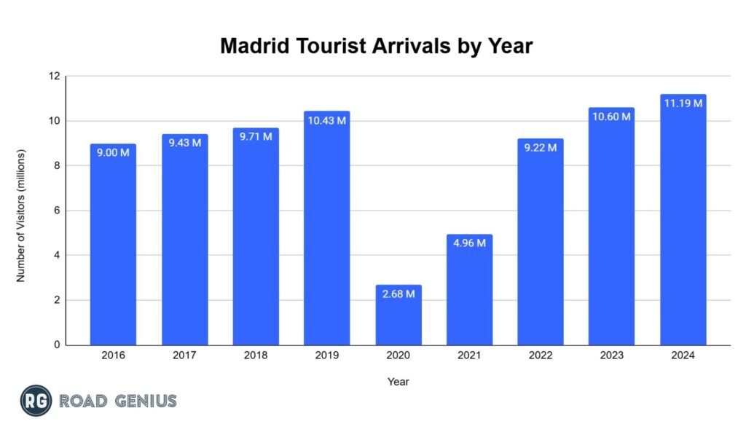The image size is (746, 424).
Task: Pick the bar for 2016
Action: click(113, 248)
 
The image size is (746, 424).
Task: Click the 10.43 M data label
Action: click(327, 121)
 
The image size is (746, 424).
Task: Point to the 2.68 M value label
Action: click(398, 294)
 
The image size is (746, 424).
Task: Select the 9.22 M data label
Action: click(541, 148)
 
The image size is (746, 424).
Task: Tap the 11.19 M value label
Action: click(683, 103)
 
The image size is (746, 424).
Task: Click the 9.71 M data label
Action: click(256, 137)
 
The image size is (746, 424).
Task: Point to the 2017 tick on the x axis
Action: click(184, 356)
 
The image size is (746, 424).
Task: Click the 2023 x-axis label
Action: click(612, 356)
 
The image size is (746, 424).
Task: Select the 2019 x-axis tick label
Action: click(327, 356)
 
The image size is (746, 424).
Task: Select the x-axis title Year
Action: click(398, 381)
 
